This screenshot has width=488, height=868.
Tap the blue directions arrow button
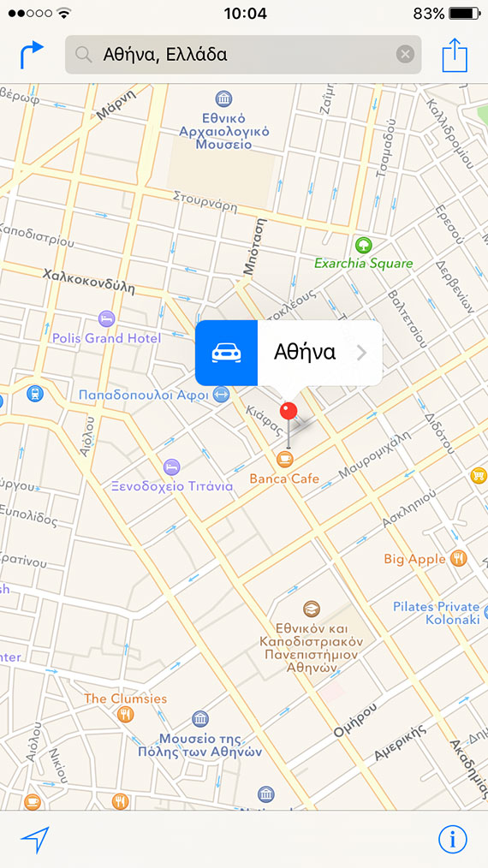pyautogui.click(x=31, y=56)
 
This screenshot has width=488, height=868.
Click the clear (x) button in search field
pyautogui.click(x=405, y=55)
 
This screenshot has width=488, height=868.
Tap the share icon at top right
pyautogui.click(x=455, y=56)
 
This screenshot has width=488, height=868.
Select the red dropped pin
pyautogui.click(x=289, y=412)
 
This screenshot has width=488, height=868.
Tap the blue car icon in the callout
pyautogui.click(x=226, y=353)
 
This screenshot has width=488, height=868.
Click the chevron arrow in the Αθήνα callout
pyautogui.click(x=361, y=353)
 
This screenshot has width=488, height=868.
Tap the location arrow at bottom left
pyautogui.click(x=35, y=840)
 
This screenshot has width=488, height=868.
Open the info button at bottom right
pyautogui.click(x=453, y=840)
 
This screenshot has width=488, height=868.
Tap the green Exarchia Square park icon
pyautogui.click(x=363, y=245)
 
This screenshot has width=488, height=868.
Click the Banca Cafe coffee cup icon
pyautogui.click(x=285, y=460)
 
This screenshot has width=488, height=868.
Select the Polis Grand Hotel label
pyautogui.click(x=106, y=338)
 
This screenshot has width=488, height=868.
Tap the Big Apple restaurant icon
pyautogui.click(x=459, y=558)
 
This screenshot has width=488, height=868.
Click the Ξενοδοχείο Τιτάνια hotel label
pyautogui.click(x=172, y=486)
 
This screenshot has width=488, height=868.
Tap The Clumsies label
pyautogui.click(x=126, y=699)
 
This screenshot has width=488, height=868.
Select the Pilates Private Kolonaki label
pyautogui.click(x=436, y=613)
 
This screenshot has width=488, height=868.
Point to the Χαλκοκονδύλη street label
pyautogui.click(x=89, y=281)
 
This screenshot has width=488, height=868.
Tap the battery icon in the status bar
pyautogui.click(x=465, y=14)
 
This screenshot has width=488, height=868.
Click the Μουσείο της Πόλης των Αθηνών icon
pyautogui.click(x=199, y=718)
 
